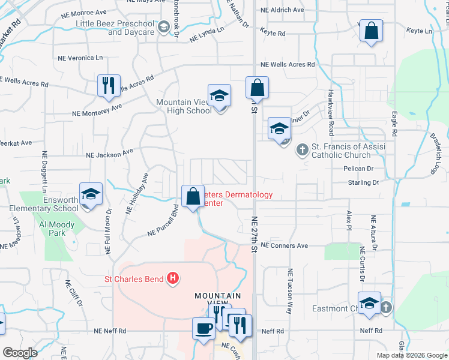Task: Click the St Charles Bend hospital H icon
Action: (173, 278)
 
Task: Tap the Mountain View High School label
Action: (184, 106)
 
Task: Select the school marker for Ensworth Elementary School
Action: (91, 194)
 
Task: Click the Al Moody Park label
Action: (57, 229)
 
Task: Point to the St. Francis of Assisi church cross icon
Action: (303, 148)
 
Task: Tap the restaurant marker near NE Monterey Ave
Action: (109, 85)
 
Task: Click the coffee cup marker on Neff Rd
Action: (203, 328)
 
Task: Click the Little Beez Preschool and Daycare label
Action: (115, 28)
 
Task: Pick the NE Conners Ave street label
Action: (285, 245)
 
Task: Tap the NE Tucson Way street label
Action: (289, 292)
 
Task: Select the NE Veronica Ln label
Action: (80, 58)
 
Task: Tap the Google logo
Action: (20, 353)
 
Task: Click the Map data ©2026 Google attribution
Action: (412, 355)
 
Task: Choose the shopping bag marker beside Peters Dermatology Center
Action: (193, 196)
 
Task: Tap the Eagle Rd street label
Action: (394, 124)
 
